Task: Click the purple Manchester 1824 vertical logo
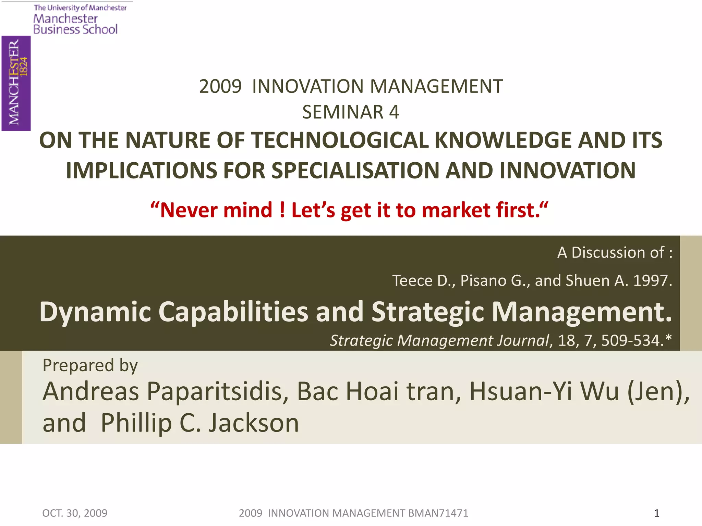(x=16, y=83)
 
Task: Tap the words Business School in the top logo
(x=75, y=29)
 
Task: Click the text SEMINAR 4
(x=351, y=112)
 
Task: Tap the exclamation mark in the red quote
(x=282, y=210)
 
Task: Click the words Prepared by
(x=90, y=365)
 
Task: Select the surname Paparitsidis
(x=217, y=391)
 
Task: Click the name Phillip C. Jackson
(x=200, y=423)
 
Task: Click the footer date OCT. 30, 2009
(x=75, y=513)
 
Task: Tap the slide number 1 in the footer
(x=657, y=513)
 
